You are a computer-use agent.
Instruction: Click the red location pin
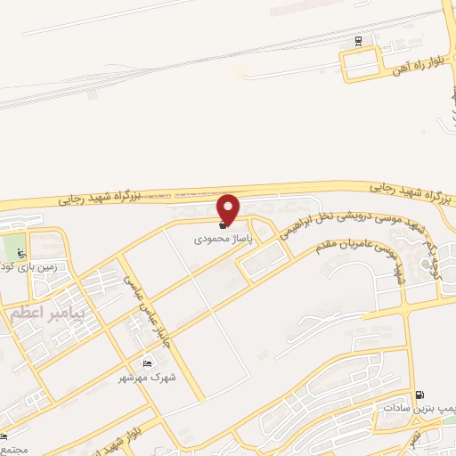pyautogui.click(x=229, y=208)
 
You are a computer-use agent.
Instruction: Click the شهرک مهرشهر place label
pyautogui.click(x=147, y=378)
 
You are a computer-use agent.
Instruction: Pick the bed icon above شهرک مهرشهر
pyautogui.click(x=148, y=362)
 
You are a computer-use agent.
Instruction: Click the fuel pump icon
pyautogui.click(x=419, y=395)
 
